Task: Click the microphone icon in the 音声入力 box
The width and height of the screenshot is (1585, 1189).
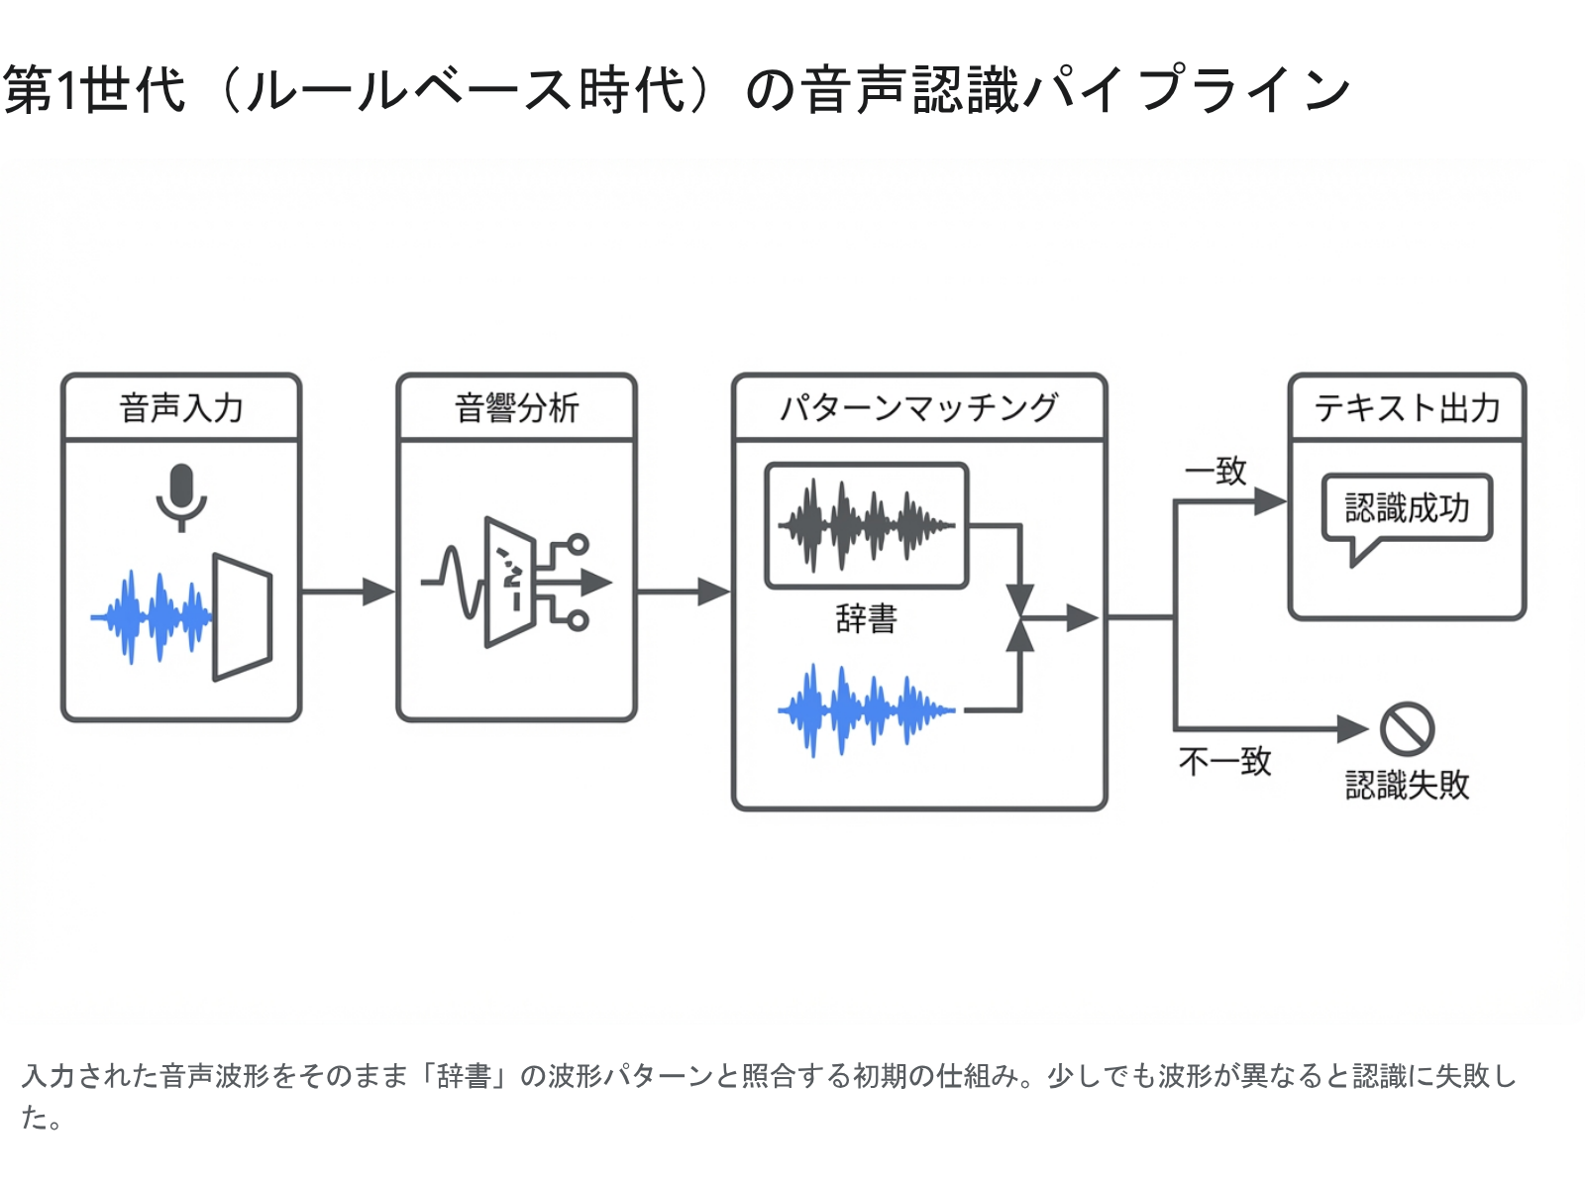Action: coord(181,496)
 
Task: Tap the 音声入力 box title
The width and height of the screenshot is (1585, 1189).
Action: coord(181,408)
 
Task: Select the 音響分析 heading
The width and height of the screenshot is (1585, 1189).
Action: coord(516,408)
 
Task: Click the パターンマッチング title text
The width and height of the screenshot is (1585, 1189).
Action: coord(918,408)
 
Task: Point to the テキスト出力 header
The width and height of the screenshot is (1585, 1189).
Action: coord(1407,408)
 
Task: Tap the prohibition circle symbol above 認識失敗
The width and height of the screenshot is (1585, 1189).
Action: coord(1408,729)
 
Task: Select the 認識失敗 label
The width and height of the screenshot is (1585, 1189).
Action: coord(1407,785)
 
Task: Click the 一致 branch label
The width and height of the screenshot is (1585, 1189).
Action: coord(1216,471)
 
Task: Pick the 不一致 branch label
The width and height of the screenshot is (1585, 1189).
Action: coord(1224,761)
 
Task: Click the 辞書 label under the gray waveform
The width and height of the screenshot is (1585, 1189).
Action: coord(866,619)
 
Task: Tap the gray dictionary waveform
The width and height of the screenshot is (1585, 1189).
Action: coord(866,525)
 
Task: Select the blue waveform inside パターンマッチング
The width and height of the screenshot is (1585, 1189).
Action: coord(866,710)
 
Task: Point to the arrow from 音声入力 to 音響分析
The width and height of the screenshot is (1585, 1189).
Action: coord(348,592)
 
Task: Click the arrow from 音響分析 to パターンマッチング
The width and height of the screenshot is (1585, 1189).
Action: coord(684,592)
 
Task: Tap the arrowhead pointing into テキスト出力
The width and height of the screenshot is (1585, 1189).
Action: coord(1269,502)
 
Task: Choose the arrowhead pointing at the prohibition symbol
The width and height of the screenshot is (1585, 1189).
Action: coord(1352,729)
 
